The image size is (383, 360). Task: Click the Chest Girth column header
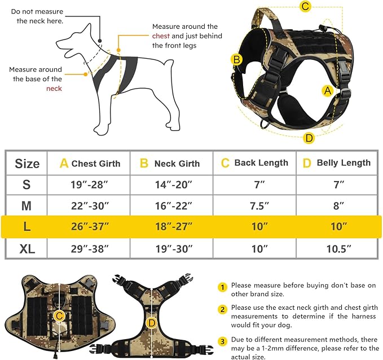90,164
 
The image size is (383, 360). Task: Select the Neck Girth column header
170,164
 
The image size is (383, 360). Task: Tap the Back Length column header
254,163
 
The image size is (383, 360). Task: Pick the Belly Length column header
337,163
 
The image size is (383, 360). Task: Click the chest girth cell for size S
89,185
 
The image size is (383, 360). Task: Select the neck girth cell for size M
173,206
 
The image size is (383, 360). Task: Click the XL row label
27,248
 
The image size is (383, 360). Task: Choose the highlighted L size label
27,226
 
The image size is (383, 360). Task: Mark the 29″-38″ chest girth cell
89,248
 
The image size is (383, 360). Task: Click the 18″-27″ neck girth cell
173,226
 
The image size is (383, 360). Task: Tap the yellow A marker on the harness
327,90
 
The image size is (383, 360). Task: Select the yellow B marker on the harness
237,59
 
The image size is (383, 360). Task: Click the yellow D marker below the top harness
309,138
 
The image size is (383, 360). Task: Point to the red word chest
161,36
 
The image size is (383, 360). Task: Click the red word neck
54,89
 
